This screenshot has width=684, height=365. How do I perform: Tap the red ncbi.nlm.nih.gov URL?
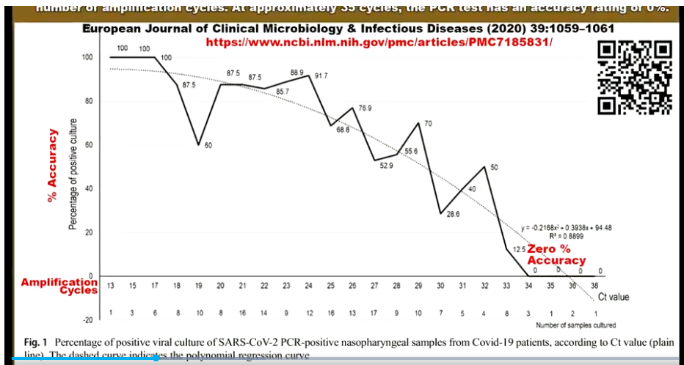[x=379, y=43]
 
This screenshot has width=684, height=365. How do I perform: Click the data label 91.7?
[x=321, y=76]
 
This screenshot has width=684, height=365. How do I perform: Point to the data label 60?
[x=208, y=145]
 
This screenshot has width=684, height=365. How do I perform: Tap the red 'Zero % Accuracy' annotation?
[x=556, y=255]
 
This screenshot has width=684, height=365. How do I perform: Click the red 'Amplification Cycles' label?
[x=59, y=286]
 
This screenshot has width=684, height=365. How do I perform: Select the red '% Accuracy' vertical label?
[x=53, y=167]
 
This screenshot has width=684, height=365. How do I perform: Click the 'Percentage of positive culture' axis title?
[x=73, y=174]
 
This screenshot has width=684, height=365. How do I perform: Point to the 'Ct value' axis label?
[x=614, y=297]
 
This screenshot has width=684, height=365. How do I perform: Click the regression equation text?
[x=566, y=227]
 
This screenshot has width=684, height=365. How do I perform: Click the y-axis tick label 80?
[x=87, y=101]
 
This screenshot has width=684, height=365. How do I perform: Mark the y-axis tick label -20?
[x=85, y=320]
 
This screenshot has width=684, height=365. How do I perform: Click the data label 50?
[x=494, y=167]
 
